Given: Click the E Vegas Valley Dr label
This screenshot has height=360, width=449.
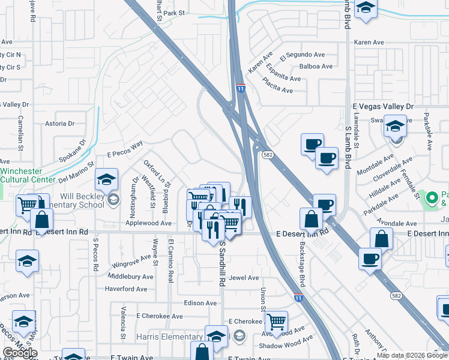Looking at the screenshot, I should pos(383,106).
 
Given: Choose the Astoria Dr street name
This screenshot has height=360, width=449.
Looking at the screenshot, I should pos(59,124).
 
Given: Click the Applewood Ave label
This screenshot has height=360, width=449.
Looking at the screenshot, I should pos(148,223).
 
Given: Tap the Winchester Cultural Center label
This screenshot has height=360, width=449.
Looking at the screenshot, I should pos(29,175).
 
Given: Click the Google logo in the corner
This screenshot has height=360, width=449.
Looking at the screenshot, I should pos(19,353).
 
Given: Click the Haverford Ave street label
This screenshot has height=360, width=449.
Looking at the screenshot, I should pos(126,289).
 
